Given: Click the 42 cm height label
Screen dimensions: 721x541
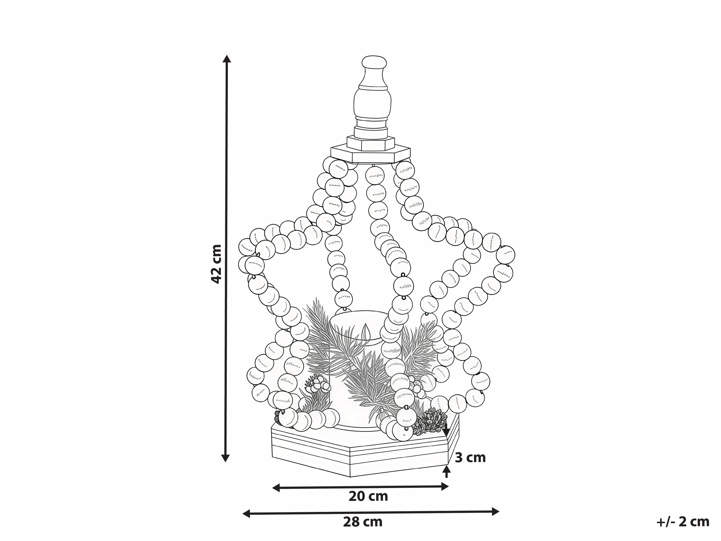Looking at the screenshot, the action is pyautogui.click(x=216, y=264).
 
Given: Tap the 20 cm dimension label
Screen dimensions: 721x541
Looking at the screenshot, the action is pyautogui.click(x=368, y=497).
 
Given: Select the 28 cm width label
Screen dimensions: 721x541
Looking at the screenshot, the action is pyautogui.click(x=362, y=522).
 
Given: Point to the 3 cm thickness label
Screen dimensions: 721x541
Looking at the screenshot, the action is pyautogui.click(x=470, y=458).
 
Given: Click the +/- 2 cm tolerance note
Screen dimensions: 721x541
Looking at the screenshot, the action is pyautogui.click(x=682, y=522).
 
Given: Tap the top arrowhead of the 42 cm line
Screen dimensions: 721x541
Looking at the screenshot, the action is pyautogui.click(x=227, y=59).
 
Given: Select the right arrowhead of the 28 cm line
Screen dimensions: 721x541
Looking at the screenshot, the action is pyautogui.click(x=495, y=511).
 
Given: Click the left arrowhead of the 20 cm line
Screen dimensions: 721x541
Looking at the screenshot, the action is pyautogui.click(x=276, y=487).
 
